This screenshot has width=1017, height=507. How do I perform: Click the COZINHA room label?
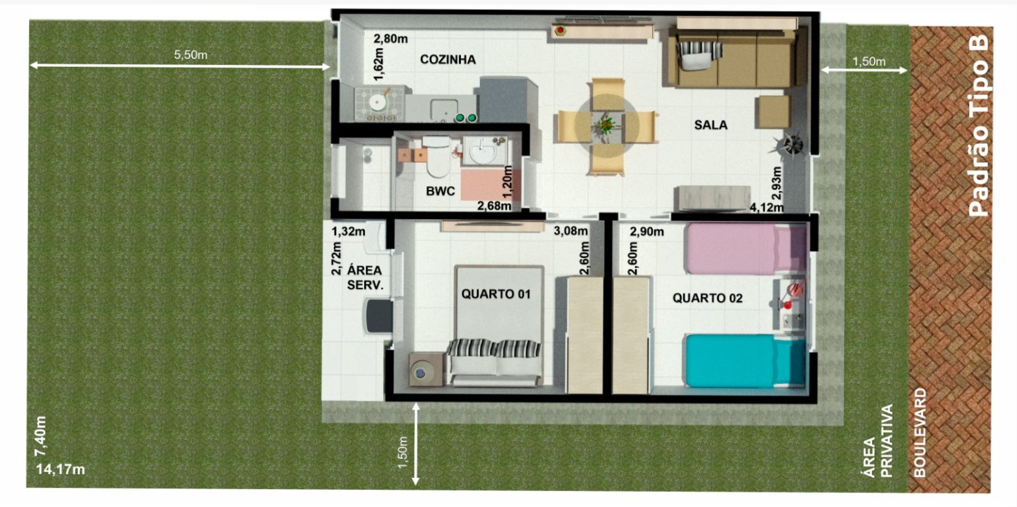tap(448, 60)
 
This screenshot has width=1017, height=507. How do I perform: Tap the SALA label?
tap(711, 124)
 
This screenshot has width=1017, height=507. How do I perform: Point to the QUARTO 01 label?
tap(497, 294)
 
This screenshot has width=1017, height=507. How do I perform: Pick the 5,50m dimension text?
tap(191, 55)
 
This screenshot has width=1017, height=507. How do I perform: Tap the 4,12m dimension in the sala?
tap(767, 207)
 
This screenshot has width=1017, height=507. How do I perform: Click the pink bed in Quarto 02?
tap(742, 248)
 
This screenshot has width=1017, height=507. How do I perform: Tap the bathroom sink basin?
tap(484, 152)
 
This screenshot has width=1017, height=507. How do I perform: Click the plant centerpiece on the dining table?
tap(605, 124)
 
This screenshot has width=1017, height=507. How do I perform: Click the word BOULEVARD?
tap(920, 433)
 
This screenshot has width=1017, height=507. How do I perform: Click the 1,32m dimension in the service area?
tap(348, 232)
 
